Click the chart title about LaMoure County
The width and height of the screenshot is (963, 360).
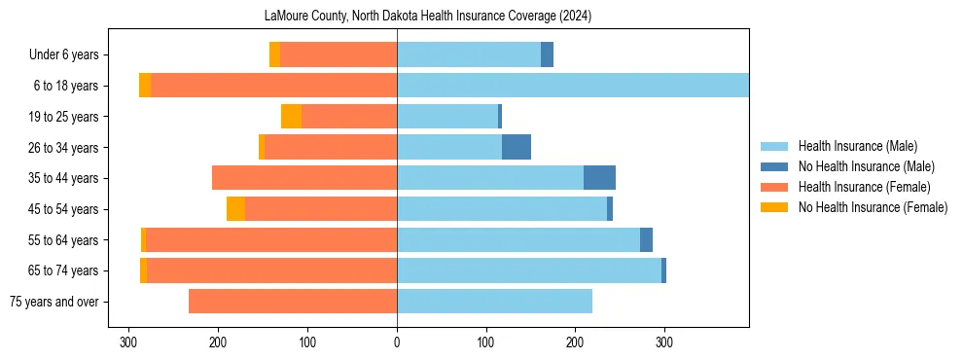(x=428, y=17)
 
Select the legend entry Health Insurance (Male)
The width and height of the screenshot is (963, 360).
(x=857, y=146)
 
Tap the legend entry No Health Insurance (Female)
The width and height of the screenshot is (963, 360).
(x=873, y=207)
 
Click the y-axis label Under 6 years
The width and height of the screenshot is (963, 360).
(x=63, y=54)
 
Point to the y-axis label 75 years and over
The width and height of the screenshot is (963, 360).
(x=53, y=302)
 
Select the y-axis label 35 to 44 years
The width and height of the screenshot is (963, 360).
(x=63, y=178)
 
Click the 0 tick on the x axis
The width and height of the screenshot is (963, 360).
(x=397, y=342)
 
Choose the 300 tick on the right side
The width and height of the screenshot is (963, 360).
(x=664, y=342)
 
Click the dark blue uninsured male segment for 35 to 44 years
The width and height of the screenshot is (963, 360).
(x=599, y=178)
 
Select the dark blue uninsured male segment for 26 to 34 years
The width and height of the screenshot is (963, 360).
(x=517, y=147)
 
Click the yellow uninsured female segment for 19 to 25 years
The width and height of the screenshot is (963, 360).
(x=291, y=117)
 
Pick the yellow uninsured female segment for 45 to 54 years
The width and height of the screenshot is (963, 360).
(x=235, y=209)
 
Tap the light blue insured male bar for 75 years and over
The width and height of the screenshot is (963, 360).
(x=494, y=302)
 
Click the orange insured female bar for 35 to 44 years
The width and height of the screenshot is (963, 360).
(x=304, y=178)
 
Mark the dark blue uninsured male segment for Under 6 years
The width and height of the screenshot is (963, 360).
(x=547, y=54)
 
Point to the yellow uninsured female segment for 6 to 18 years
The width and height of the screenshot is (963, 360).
(x=145, y=86)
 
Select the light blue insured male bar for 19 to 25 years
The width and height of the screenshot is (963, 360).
(x=447, y=117)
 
